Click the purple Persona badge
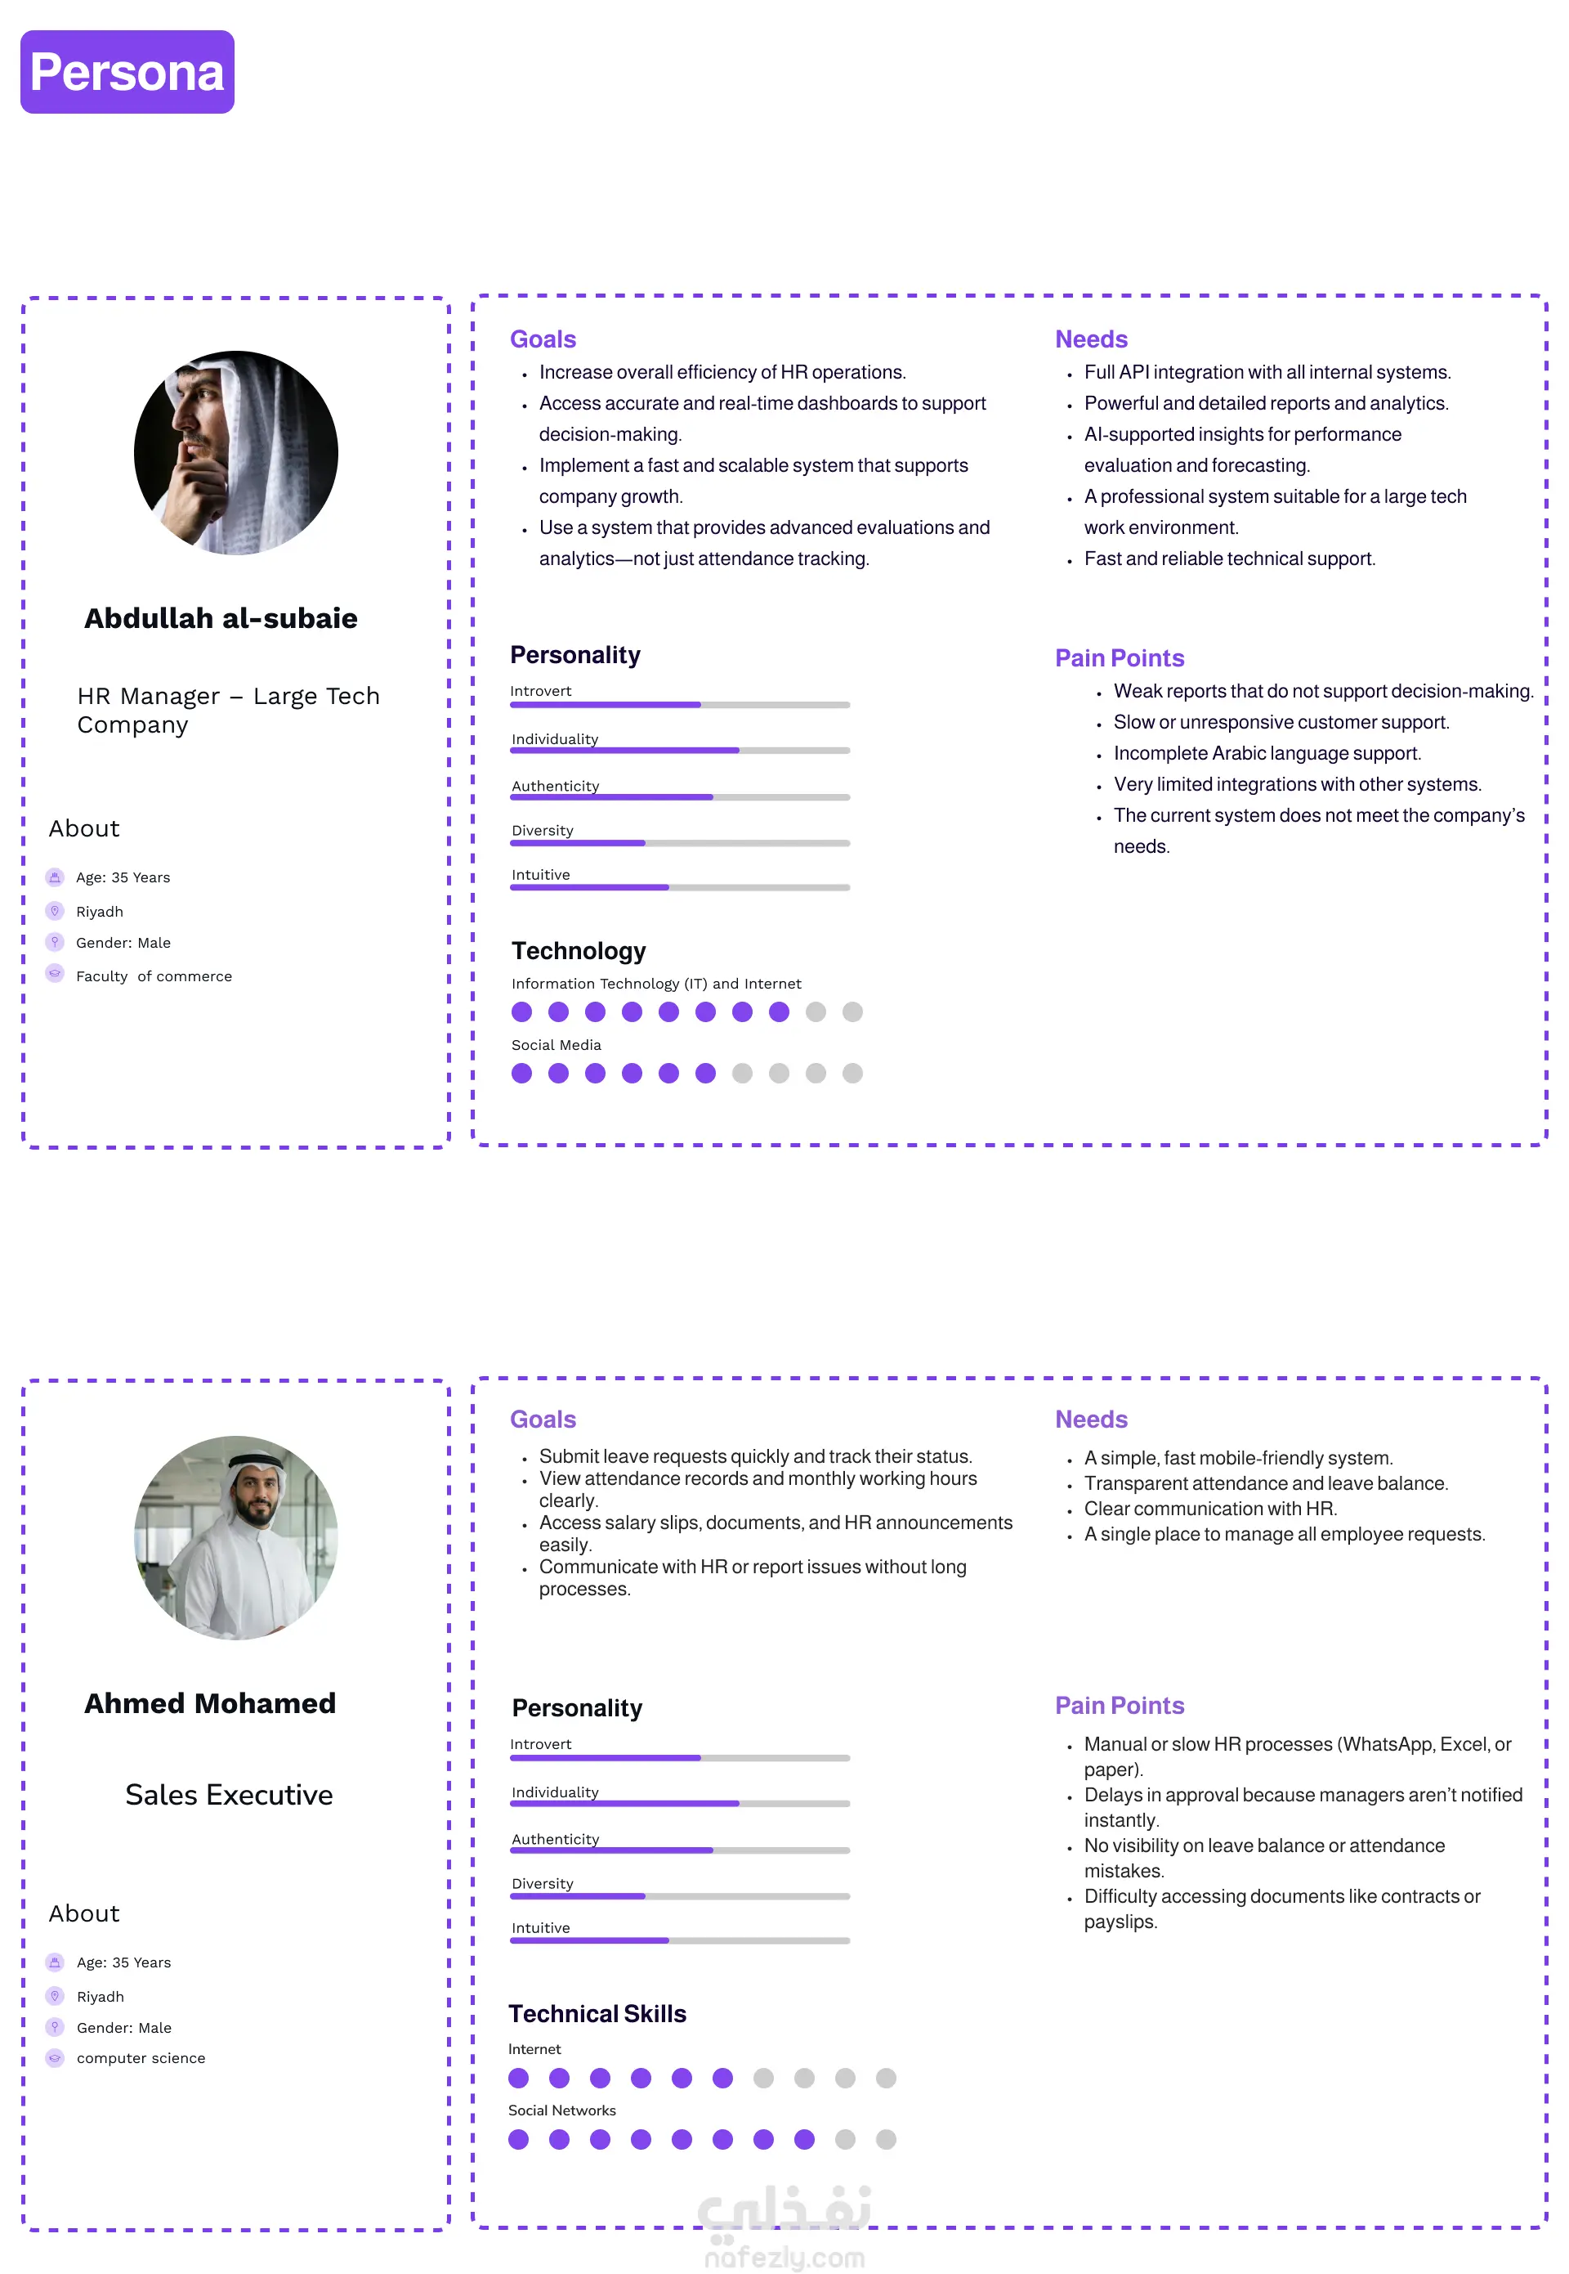pos(127,72)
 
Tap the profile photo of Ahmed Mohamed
pos(236,1536)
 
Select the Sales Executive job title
pos(229,1794)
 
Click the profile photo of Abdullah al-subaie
pos(236,452)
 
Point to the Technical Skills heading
pos(597,2013)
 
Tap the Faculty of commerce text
pos(154,976)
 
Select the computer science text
pos(141,2057)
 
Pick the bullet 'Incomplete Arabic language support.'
pos(1266,752)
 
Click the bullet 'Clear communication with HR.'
pos(1209,1508)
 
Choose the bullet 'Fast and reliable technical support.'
pos(1229,558)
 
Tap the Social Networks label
pos(561,2110)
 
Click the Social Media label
pos(556,1044)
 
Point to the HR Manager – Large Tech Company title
pos(228,709)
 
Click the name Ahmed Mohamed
pos(209,1702)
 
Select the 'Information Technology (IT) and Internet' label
pos(655,983)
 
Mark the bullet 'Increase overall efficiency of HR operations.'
pos(722,372)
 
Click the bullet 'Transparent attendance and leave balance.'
pos(1265,1482)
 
